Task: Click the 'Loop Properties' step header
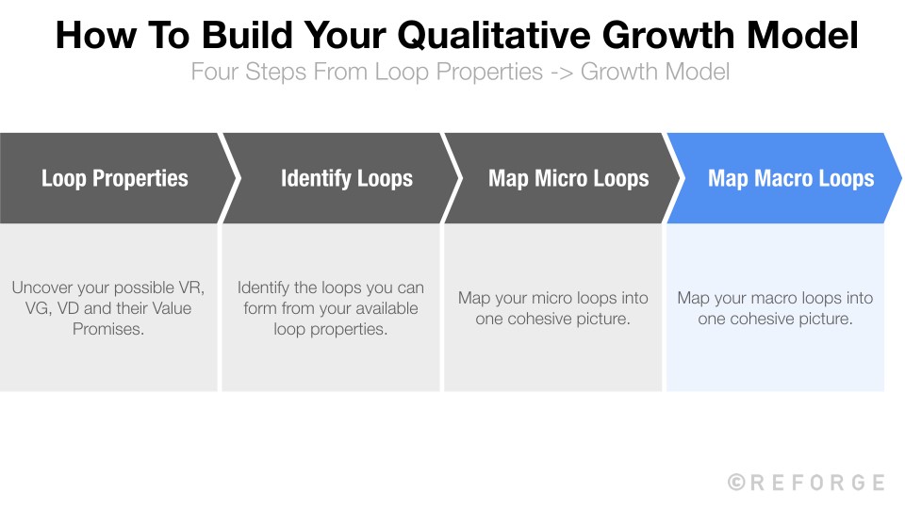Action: point(115,178)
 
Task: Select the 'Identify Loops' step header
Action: point(346,178)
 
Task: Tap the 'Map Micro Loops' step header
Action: point(568,178)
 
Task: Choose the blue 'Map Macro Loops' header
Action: point(790,178)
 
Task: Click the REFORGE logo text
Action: point(817,483)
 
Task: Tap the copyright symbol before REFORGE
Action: point(736,483)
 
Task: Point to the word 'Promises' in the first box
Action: point(108,329)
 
